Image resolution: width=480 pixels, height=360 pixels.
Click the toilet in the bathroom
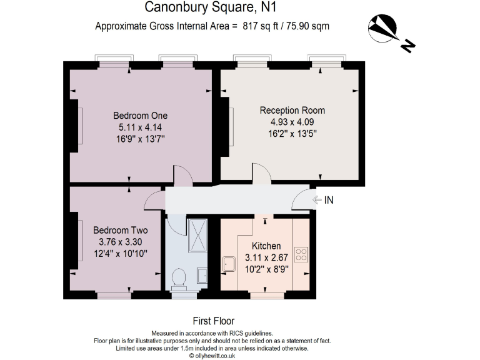[179, 279]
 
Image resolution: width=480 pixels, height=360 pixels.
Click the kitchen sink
[229, 263]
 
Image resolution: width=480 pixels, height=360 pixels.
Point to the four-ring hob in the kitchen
[301, 254]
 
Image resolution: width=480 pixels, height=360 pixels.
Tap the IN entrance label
[329, 201]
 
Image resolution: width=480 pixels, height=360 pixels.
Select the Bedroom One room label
[140, 116]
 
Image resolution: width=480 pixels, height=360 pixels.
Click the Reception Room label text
[292, 111]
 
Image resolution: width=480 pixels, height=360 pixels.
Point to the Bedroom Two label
[120, 230]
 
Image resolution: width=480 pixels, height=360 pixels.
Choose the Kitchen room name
[266, 246]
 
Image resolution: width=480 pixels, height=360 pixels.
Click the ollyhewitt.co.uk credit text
[212, 356]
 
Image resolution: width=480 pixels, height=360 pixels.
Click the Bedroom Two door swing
[154, 202]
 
